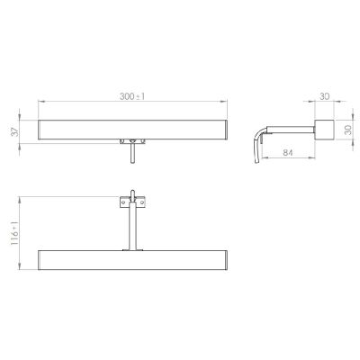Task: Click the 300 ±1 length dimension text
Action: [132, 96]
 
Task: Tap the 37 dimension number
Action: [15, 132]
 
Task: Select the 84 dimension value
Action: [288, 152]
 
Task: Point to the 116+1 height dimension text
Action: [15, 234]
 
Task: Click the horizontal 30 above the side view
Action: [324, 96]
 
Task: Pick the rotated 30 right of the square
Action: [348, 130]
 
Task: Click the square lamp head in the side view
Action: [324, 130]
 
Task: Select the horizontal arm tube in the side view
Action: [290, 130]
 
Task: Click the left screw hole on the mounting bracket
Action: [122, 202]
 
